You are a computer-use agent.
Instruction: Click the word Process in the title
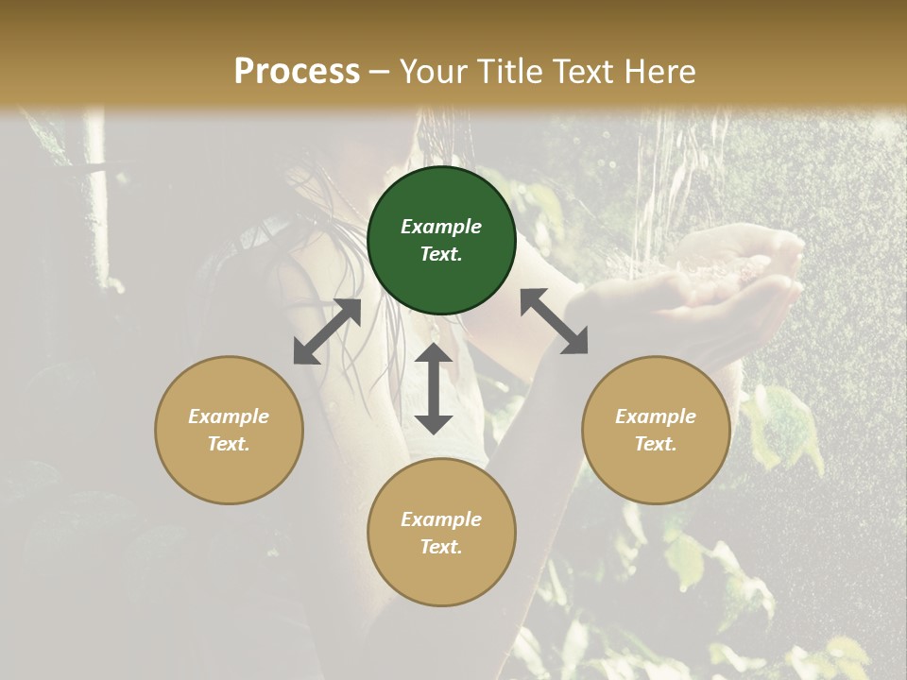coord(297,72)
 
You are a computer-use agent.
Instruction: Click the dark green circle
coord(441,241)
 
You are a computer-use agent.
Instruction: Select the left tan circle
coord(229,430)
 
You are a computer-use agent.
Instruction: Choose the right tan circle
coord(656,430)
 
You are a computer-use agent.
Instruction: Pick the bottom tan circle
coord(441,533)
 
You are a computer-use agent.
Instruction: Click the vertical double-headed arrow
coord(434,388)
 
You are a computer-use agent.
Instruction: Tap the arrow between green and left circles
coord(327,331)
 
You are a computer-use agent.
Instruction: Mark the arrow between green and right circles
coord(555,321)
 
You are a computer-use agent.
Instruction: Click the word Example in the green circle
coord(441,227)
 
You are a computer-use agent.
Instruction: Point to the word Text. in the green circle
coord(441,254)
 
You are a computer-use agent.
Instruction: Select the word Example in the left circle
coord(229,416)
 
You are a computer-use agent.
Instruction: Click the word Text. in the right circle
coord(656,444)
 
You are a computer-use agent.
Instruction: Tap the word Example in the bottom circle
coord(441,519)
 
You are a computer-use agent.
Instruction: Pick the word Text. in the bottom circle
coord(441,547)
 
